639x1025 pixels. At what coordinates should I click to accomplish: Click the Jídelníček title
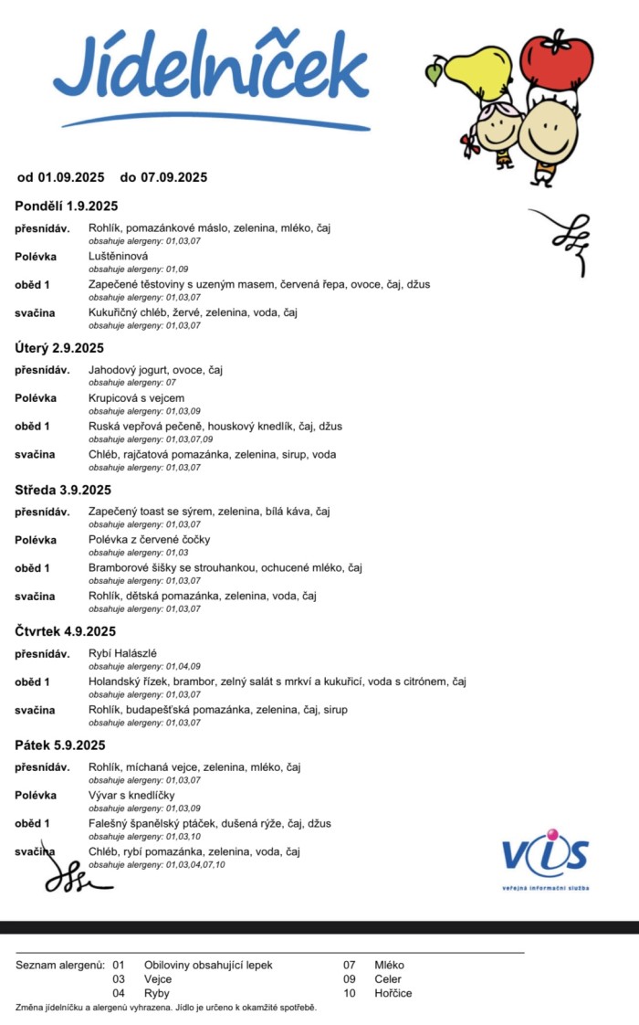coord(212,70)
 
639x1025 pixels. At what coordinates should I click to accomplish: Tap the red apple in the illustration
coord(556,57)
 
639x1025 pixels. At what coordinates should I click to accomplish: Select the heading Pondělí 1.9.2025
coord(67,206)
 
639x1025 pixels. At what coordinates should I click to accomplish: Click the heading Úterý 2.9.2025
coord(59,347)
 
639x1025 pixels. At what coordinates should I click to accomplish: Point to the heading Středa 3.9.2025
coord(64,490)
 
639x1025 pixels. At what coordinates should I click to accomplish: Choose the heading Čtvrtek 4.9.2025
coord(66,631)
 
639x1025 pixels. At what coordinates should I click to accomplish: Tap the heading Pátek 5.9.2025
coord(60,745)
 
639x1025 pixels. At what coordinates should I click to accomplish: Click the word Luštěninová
coord(118,256)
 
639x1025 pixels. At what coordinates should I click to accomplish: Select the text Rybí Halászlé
coord(122,653)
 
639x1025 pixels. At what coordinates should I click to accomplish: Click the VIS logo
coord(545,855)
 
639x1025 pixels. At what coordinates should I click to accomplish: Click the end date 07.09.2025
coord(174,177)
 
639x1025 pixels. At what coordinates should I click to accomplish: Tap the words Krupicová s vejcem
coord(136,398)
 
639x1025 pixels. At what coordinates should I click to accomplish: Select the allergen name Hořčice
coord(393,993)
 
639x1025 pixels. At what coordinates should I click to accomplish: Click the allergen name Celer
coord(388,978)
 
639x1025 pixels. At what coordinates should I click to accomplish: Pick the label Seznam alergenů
coord(58,965)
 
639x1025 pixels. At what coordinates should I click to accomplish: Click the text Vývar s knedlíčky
coord(131,795)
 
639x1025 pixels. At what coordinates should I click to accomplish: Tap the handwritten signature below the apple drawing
coord(559,239)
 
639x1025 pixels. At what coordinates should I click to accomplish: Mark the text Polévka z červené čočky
coord(150,540)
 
